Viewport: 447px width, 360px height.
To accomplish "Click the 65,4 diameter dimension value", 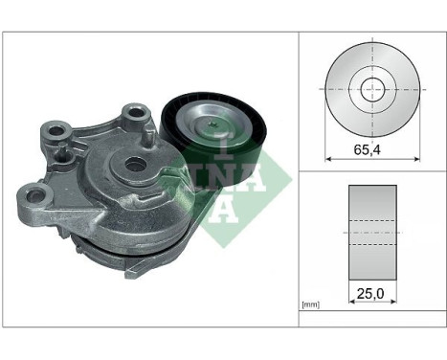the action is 368,149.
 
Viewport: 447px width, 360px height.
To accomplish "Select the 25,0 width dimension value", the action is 370,294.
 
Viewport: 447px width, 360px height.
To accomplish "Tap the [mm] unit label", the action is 310,305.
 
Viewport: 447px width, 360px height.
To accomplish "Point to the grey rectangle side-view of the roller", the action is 372,233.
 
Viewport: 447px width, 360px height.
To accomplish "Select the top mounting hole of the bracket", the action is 136,112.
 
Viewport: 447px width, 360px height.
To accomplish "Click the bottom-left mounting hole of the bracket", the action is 35,193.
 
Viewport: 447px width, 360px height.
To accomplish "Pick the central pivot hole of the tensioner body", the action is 135,165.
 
